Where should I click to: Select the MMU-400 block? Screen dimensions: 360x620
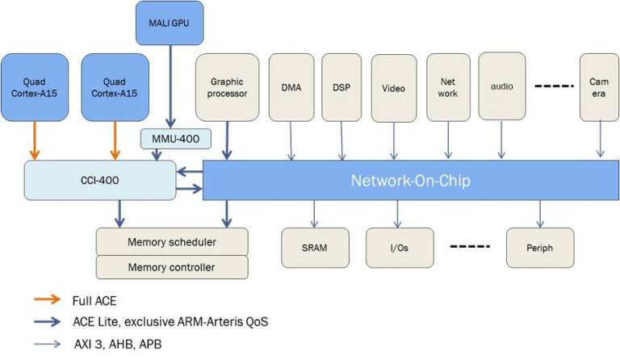(175, 139)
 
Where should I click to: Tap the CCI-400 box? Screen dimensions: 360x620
(100, 179)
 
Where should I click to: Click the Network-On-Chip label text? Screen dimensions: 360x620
(410, 180)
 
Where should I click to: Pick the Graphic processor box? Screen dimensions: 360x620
(228, 87)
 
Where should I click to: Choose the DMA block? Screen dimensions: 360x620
(291, 87)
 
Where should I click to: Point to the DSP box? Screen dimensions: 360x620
(341, 87)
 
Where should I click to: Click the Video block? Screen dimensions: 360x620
(393, 87)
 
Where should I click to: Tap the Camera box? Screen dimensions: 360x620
(599, 87)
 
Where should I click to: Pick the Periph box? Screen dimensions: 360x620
(540, 248)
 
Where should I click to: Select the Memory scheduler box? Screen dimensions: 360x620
(172, 242)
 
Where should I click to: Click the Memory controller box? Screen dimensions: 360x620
(172, 266)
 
